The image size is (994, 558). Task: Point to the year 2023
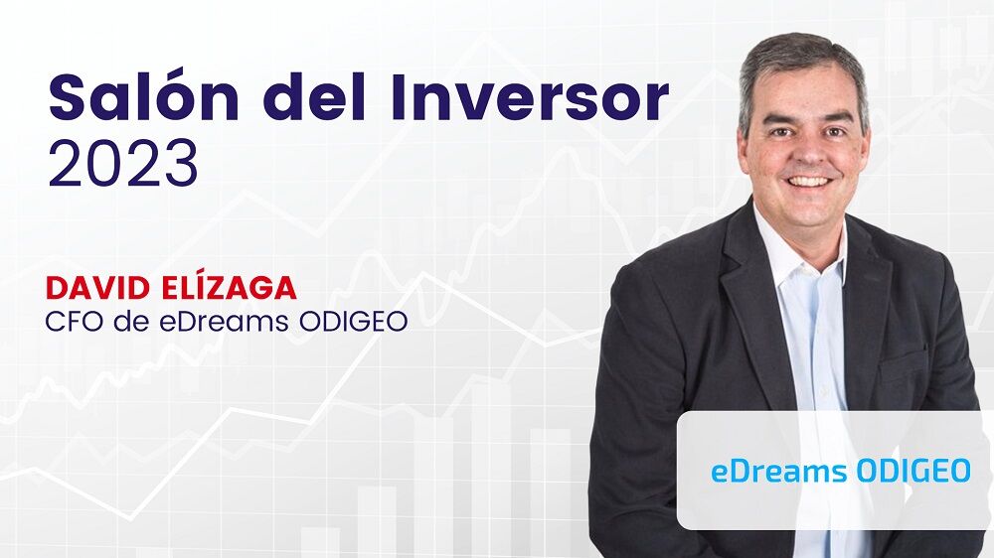pos(122,164)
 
